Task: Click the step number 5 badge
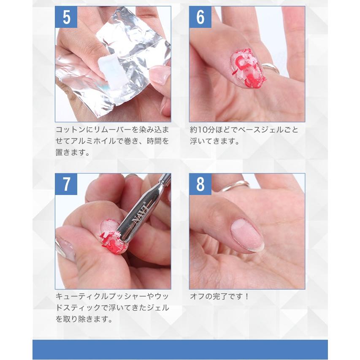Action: click(x=66, y=17)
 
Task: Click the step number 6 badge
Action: click(x=200, y=17)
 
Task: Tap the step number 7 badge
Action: click(x=66, y=184)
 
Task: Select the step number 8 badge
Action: click(x=200, y=184)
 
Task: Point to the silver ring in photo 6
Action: click(x=271, y=68)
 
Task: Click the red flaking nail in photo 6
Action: click(x=248, y=68)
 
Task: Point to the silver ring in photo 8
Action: click(x=234, y=186)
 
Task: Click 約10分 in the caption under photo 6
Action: click(x=203, y=130)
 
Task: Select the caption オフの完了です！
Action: click(x=219, y=297)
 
